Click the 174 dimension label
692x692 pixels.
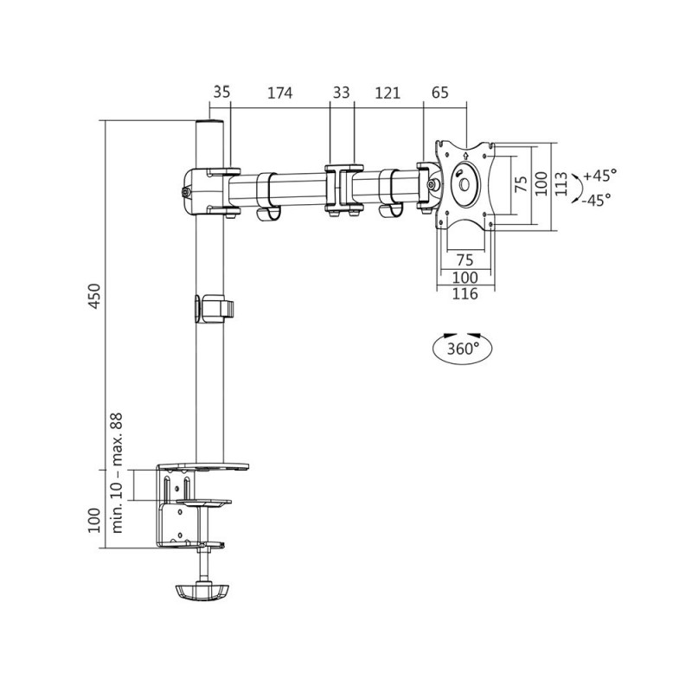(x=279, y=93)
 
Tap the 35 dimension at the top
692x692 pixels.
(x=221, y=93)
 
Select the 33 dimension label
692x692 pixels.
(x=341, y=93)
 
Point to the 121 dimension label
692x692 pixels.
(x=388, y=93)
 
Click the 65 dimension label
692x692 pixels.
(x=440, y=93)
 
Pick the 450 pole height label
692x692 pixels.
(x=94, y=296)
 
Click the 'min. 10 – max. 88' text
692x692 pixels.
(x=117, y=472)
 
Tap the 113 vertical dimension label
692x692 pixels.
(x=561, y=184)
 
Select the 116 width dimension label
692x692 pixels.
(x=465, y=294)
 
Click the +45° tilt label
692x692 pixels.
(x=599, y=176)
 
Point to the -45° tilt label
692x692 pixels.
(x=597, y=200)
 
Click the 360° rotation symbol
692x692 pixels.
(x=462, y=348)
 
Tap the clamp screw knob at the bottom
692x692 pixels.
(x=202, y=592)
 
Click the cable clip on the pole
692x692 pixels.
(x=214, y=308)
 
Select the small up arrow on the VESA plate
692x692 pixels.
(x=465, y=155)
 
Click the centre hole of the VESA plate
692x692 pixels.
(x=465, y=184)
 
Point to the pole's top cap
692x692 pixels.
(x=209, y=122)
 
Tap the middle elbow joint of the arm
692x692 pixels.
(x=343, y=189)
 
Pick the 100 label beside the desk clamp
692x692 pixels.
(x=94, y=521)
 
